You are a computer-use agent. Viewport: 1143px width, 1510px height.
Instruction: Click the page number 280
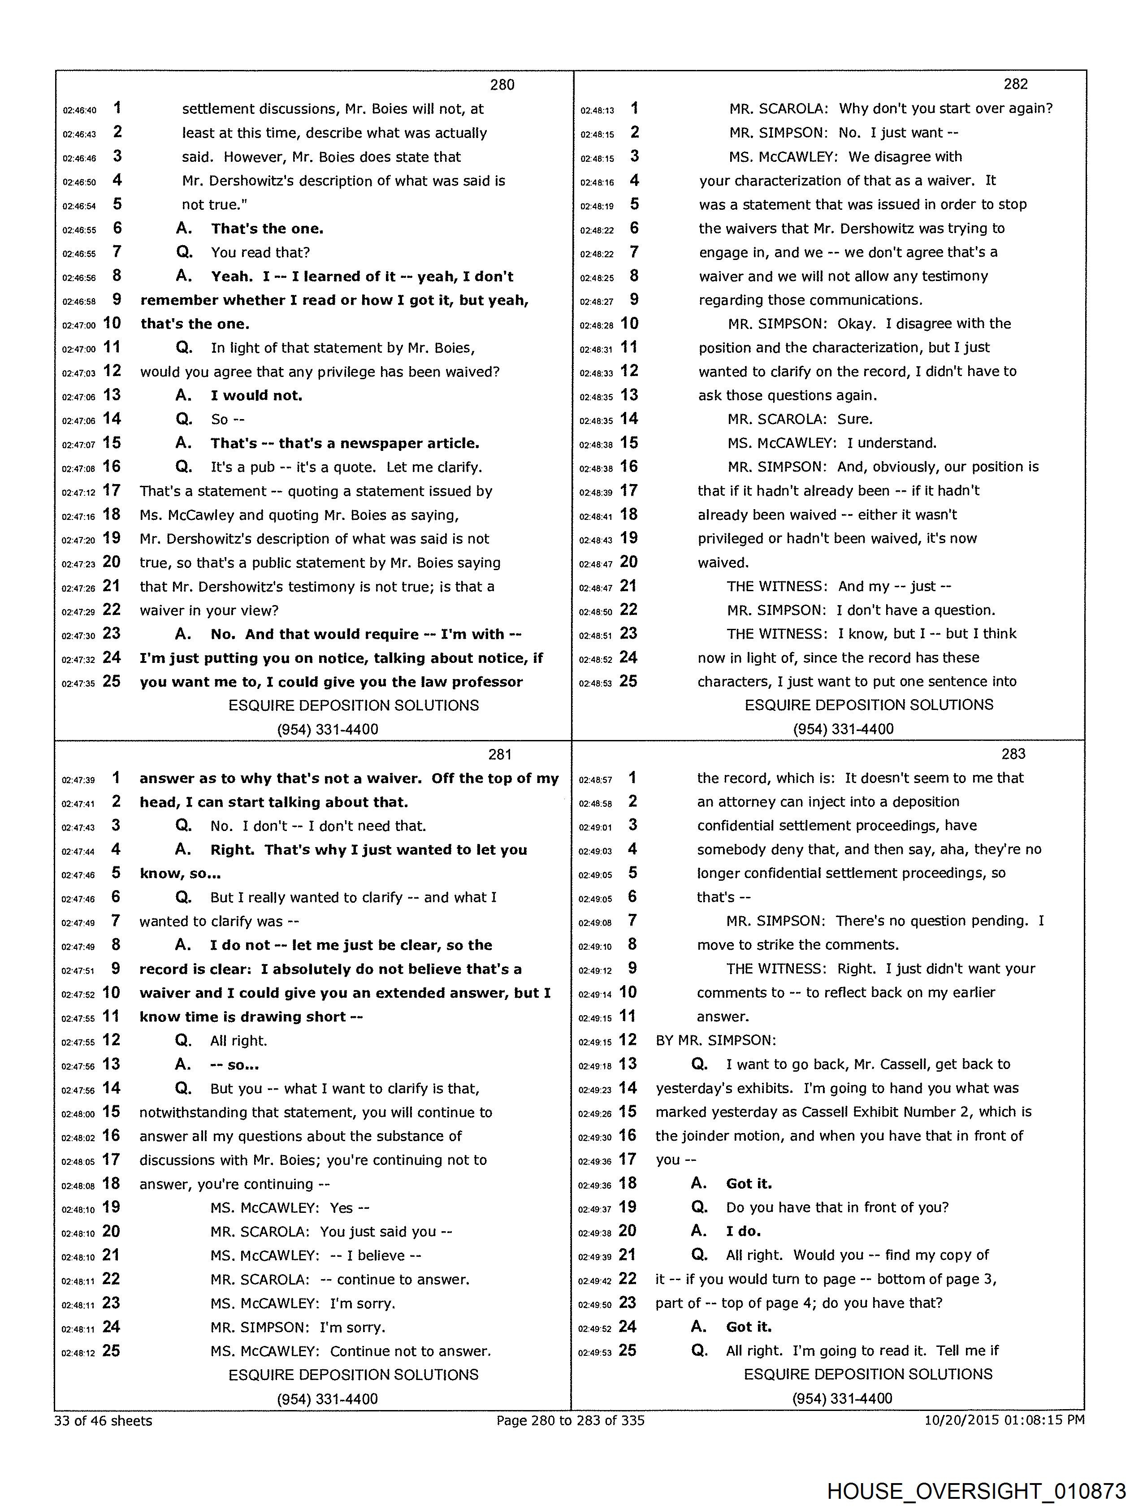click(502, 85)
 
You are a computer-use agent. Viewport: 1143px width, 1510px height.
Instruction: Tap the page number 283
click(1013, 753)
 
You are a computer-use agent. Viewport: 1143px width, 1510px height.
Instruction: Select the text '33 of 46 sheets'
click(103, 1420)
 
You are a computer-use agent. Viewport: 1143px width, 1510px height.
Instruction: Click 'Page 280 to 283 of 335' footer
click(570, 1420)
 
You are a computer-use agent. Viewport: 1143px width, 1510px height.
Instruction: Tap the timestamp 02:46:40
click(79, 110)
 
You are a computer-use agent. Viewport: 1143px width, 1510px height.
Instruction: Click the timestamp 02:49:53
click(595, 1352)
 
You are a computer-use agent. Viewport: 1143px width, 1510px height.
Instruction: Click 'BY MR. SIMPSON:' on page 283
click(715, 1040)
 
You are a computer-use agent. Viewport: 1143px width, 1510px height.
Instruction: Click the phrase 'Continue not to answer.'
click(411, 1351)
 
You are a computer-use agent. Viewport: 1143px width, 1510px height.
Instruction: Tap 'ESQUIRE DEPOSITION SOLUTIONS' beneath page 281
click(354, 1374)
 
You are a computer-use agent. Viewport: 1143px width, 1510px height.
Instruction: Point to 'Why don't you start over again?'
click(946, 108)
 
